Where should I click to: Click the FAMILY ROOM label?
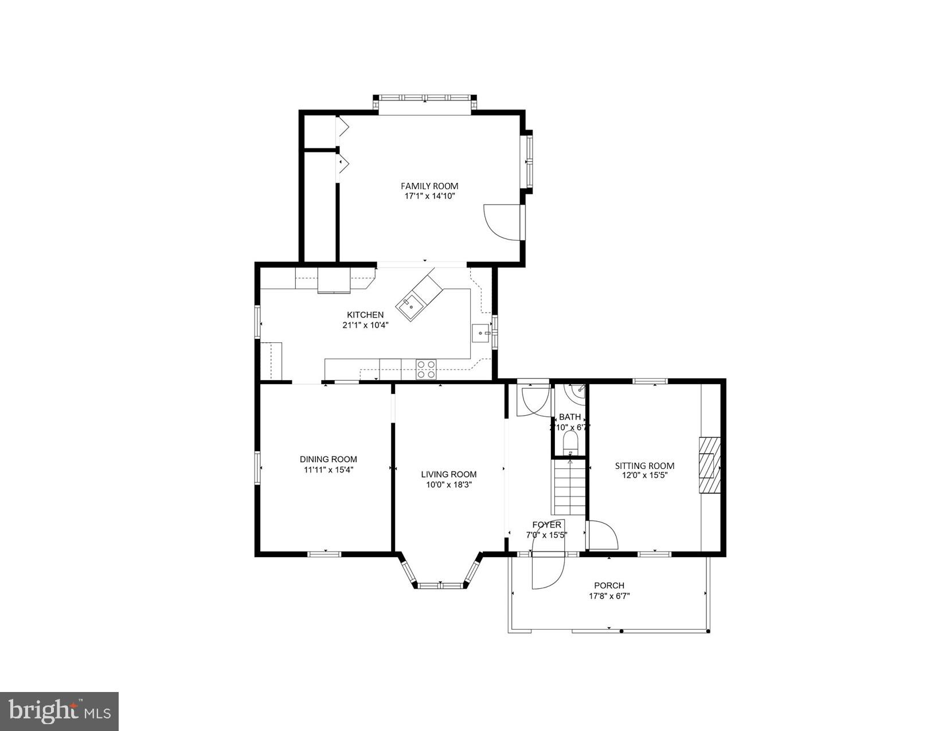429,186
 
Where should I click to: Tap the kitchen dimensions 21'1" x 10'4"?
365,325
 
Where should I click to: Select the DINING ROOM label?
328,459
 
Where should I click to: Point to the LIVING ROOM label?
448,474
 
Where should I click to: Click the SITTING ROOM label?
644,466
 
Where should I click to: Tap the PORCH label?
609,585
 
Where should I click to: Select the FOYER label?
546,525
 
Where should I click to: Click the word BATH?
569,417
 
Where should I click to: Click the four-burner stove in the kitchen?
425,369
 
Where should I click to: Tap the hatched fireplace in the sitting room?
709,465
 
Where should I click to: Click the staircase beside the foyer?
569,487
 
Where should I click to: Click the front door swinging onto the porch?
548,570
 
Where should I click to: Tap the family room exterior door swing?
503,222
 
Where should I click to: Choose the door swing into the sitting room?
602,535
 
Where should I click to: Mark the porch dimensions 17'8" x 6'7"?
609,596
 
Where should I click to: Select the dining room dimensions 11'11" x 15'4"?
328,470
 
